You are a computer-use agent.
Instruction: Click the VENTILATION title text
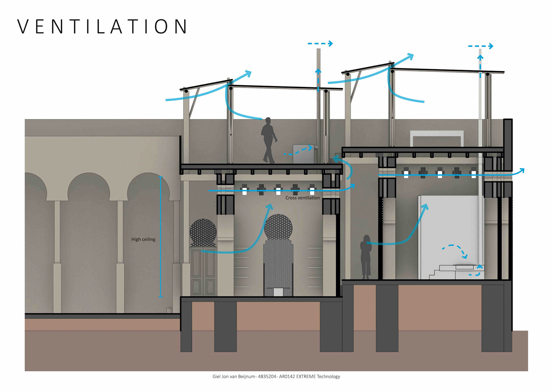(x=103, y=27)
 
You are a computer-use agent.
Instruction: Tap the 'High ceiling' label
(x=143, y=239)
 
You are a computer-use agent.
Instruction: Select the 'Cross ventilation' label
(x=302, y=198)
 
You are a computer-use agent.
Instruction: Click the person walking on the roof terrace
(x=268, y=140)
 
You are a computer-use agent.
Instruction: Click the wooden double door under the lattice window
(x=203, y=271)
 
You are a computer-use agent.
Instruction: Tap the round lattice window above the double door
(x=203, y=232)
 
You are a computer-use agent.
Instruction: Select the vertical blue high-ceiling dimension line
(x=161, y=236)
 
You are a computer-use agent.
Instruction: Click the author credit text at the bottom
(x=276, y=376)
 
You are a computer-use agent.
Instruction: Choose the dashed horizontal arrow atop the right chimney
(x=480, y=46)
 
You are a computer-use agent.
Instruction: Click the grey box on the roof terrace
(x=303, y=154)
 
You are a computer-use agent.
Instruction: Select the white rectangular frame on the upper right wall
(x=437, y=139)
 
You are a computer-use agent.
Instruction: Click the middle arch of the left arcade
(x=89, y=187)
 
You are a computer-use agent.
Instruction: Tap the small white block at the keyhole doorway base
(x=278, y=292)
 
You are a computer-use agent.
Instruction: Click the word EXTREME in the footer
(x=306, y=376)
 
